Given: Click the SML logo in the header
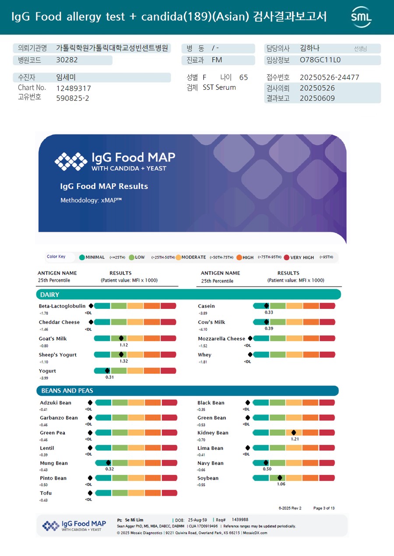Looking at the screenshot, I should (361, 17).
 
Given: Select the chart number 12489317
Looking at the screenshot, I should (74, 88).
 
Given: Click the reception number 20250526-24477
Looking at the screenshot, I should (329, 77).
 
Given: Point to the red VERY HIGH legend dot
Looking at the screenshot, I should (287, 257).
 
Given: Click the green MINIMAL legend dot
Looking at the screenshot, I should (82, 257).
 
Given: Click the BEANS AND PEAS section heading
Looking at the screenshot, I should (67, 391).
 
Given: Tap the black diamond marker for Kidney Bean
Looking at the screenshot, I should (294, 433).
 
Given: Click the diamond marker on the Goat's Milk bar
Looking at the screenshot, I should (121, 338).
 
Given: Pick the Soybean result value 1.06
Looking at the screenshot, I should (281, 484).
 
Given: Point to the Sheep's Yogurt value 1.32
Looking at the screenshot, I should (123, 361).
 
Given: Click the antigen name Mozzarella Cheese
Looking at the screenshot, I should (222, 339).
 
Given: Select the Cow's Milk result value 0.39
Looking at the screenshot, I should (269, 329).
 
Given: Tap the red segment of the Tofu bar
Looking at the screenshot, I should (169, 493).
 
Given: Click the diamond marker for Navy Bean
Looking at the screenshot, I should (266, 463).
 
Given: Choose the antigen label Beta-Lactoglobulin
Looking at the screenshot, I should (62, 306).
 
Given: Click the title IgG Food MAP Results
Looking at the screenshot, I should (104, 186).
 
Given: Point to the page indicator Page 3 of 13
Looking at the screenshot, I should (324, 508).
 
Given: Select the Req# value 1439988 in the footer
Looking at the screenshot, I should (240, 520).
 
